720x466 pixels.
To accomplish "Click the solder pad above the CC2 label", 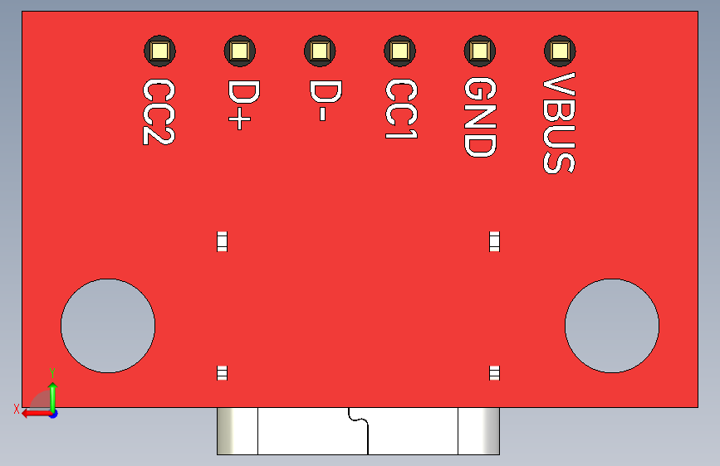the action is (159, 51).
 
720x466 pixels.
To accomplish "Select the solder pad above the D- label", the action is (319, 51).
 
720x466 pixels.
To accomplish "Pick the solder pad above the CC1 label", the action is (399, 51).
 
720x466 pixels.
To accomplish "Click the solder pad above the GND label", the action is (479, 51).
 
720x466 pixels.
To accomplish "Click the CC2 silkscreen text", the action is (158, 112).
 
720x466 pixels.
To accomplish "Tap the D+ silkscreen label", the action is (238, 104).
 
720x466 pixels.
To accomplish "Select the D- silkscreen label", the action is (319, 101).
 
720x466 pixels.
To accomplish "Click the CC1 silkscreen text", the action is (399, 109).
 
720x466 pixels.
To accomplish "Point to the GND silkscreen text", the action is (479, 118).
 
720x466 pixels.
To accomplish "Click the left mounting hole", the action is (108, 326).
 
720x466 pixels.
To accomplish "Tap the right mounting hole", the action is (612, 326).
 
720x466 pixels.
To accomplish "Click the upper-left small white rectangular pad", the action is (222, 241).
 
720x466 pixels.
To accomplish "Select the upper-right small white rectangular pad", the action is (495, 241).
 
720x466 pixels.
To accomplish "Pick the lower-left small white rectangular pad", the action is (222, 372).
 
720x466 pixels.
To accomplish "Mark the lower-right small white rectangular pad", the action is (495, 372).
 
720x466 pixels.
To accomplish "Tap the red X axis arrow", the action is (33, 412).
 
